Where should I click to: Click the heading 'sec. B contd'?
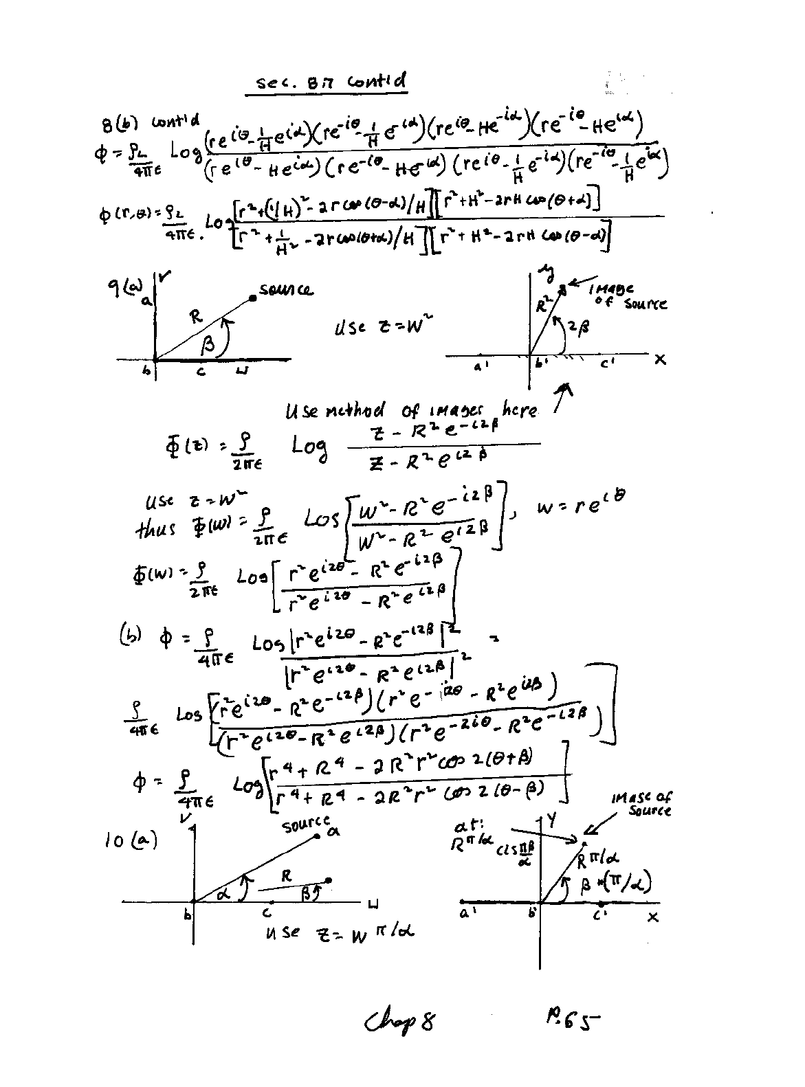pyautogui.click(x=331, y=84)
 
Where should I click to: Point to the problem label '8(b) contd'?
pyautogui.click(x=147, y=124)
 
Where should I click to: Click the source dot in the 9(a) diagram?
pyautogui.click(x=253, y=298)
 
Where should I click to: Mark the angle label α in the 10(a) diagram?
pyautogui.click(x=222, y=891)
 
